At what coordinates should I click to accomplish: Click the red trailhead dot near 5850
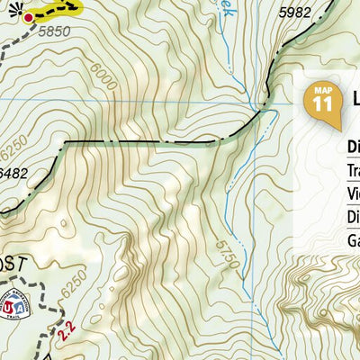coord(28,17)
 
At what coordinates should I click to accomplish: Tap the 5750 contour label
coord(227,244)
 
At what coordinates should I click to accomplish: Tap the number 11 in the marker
coord(322,103)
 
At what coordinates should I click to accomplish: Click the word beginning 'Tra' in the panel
coord(352,170)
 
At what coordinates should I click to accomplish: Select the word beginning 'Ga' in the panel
coord(352,239)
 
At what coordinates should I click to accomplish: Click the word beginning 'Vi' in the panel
coord(352,193)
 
